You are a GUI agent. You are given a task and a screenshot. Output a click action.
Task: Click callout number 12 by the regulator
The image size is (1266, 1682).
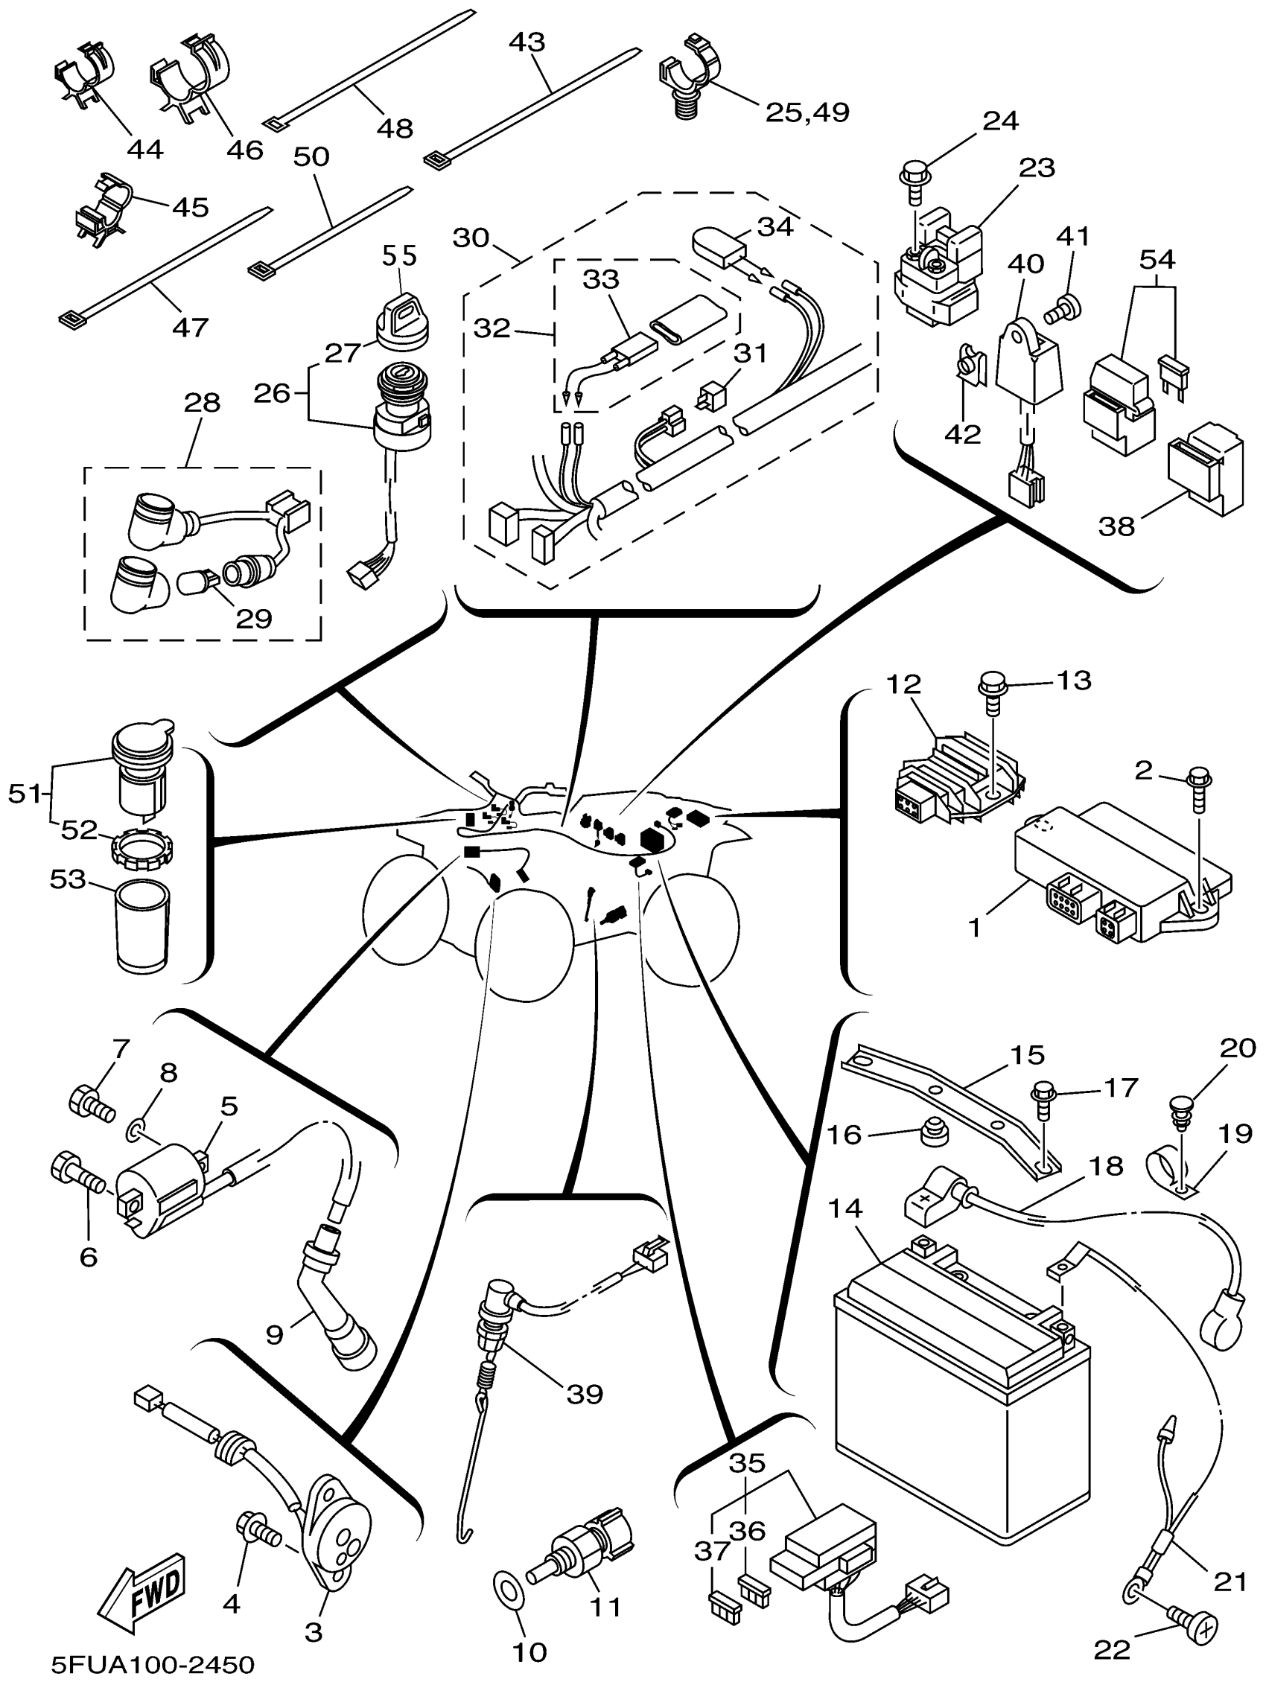point(903,684)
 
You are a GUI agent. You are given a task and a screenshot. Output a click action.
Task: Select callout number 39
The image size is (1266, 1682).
point(584,1393)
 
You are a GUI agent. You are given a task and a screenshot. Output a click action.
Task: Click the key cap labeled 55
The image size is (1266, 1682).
point(403,318)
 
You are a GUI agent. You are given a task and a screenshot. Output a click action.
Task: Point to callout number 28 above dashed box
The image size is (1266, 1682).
point(203,402)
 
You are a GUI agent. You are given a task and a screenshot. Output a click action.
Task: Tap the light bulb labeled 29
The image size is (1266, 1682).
point(196,583)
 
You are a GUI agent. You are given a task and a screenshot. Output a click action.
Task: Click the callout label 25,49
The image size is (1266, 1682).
point(807,112)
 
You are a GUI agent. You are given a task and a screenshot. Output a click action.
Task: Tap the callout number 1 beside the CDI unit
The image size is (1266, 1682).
point(975,928)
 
